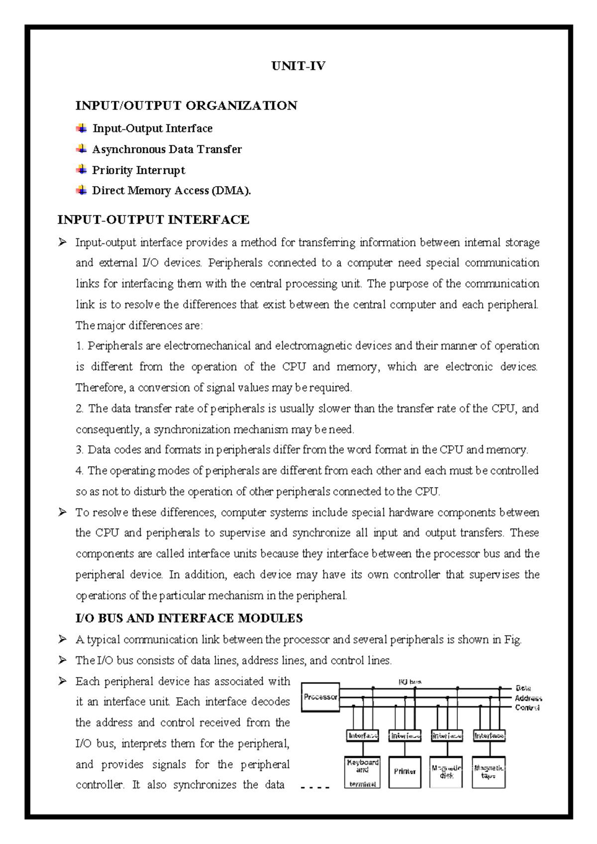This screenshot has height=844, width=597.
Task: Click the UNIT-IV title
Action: tap(298, 66)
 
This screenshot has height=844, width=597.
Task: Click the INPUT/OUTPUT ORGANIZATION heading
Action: tap(186, 105)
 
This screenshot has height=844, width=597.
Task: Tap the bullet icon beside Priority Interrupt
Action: tap(81, 170)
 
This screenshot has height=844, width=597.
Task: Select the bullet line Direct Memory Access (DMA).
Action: tap(172, 191)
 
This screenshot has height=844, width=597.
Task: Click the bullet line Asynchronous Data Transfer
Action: tap(167, 149)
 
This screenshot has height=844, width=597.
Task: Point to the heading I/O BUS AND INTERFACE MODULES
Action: tap(189, 619)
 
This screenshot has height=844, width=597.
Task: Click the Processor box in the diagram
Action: tap(320, 697)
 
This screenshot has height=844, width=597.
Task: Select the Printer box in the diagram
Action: tap(405, 772)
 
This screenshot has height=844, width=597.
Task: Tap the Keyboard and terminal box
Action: tap(363, 772)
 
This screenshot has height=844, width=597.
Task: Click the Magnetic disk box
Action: tap(447, 772)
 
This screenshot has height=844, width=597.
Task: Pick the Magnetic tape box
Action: tap(489, 772)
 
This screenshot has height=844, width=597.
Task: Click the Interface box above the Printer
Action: tap(405, 736)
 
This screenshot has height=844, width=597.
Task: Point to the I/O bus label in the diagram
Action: tap(410, 682)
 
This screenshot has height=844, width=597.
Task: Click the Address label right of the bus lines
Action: tap(528, 699)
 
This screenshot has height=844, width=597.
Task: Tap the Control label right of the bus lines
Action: tap(527, 708)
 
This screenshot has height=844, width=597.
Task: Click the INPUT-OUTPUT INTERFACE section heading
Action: tap(153, 220)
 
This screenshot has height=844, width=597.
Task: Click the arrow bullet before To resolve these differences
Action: tap(62, 512)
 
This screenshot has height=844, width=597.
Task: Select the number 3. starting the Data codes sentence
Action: tap(80, 450)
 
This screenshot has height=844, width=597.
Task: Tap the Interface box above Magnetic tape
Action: tap(489, 736)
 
